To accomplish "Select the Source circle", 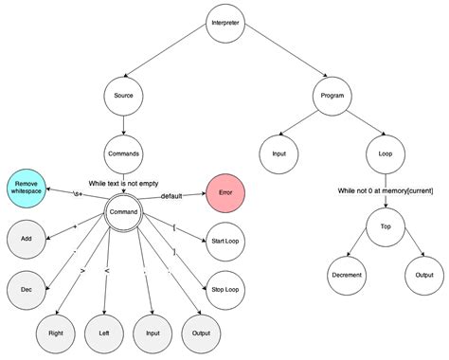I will coord(123,97).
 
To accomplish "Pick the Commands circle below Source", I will coord(123,152).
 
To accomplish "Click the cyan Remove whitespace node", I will coord(27,188).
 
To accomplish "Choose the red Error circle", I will coord(225,192).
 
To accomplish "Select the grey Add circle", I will coord(27,239).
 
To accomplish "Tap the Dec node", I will coord(27,288).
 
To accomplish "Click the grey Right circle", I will coord(55,333).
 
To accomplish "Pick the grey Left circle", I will coord(104,333).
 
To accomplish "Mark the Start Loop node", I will coord(225,241).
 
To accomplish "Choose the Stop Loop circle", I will coord(225,288).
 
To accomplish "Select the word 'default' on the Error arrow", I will coord(171,196).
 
